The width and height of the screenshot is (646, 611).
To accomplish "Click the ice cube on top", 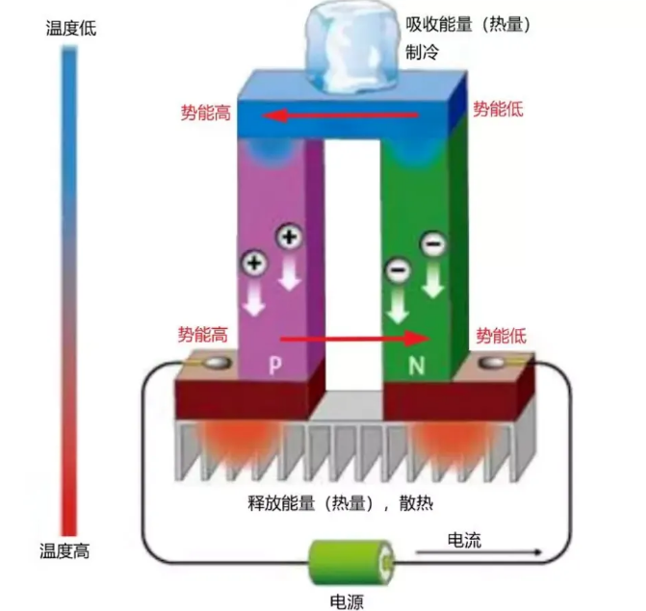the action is click(352, 46).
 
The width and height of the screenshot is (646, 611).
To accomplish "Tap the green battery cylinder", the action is click(351, 563).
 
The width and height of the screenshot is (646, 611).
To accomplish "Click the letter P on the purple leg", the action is click(275, 365).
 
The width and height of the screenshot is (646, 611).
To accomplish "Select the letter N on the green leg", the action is click(417, 365).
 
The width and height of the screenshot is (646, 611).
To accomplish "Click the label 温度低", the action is click(71, 29).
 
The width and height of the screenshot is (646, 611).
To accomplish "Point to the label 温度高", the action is click(65, 550).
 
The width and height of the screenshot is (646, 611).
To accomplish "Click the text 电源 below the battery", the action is click(347, 601).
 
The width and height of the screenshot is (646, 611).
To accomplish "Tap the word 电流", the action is click(464, 540).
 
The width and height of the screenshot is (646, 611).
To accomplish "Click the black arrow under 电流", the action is click(478, 552).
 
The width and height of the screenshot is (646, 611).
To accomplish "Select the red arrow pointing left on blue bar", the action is click(340, 115).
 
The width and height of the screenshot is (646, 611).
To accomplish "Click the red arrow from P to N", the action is click(355, 339).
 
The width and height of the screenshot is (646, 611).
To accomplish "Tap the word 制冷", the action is click(422, 52).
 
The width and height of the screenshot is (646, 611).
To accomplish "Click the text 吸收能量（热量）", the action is click(468, 24).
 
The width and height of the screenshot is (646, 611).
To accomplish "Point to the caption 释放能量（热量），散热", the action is click(340, 503).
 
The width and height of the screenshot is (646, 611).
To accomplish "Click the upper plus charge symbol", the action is click(289, 237).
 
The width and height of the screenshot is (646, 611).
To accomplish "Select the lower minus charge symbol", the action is click(398, 270).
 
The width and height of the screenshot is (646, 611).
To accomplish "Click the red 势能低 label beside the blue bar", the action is click(498, 109).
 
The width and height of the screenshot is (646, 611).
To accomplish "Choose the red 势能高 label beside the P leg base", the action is click(203, 334).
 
